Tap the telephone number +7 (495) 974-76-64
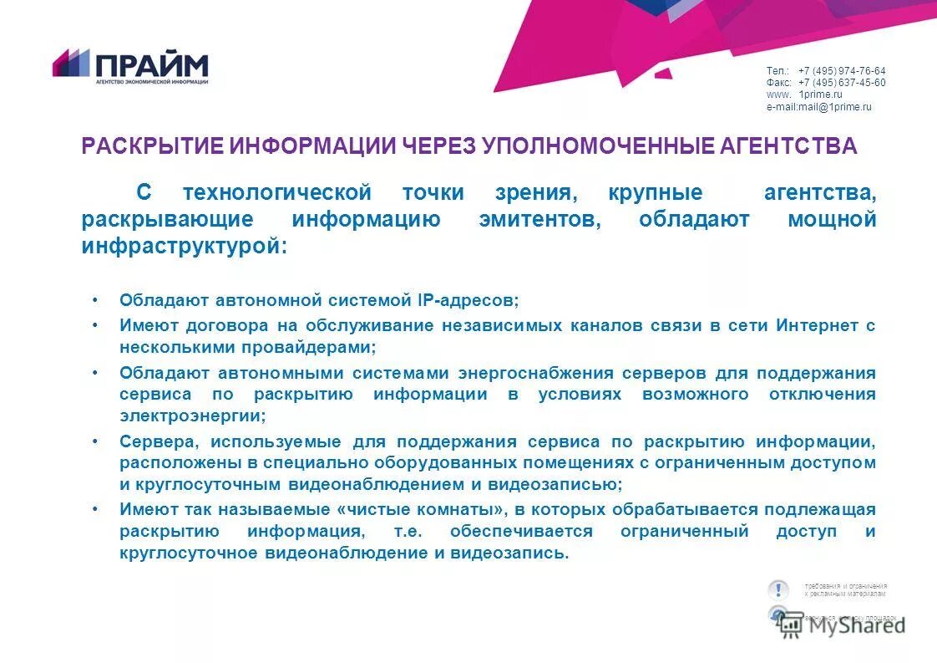842,71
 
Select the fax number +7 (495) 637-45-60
842,83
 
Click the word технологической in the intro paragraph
277,193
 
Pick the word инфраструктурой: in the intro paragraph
185,247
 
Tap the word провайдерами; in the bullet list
311,345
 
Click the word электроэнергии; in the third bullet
193,415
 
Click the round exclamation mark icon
778,589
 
